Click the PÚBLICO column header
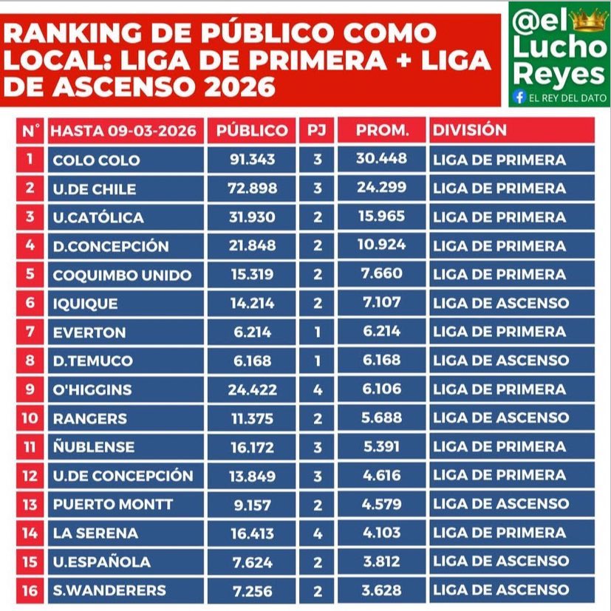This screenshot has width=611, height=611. tap(251, 131)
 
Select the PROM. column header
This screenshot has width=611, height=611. tap(382, 131)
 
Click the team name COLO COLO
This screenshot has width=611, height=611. tap(96, 160)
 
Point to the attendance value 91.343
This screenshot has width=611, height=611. tap(251, 160)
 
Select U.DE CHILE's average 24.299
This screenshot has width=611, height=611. tap(382, 188)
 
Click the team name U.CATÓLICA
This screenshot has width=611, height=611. tap(98, 217)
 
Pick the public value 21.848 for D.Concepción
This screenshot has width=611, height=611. tap(251, 246)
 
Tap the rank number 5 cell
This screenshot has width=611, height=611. tap(30, 275)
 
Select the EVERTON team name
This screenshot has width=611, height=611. tap(89, 332)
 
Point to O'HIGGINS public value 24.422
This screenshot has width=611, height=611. tap(251, 389)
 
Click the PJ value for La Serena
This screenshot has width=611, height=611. tap(318, 533)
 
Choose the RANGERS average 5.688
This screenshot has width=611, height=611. tap(382, 417)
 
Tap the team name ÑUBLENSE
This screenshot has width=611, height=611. tap(94, 447)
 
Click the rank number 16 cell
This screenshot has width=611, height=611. tap(30, 590)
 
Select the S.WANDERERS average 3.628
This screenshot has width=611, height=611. tap(382, 590)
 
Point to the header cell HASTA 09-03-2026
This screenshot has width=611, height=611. tap(124, 131)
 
